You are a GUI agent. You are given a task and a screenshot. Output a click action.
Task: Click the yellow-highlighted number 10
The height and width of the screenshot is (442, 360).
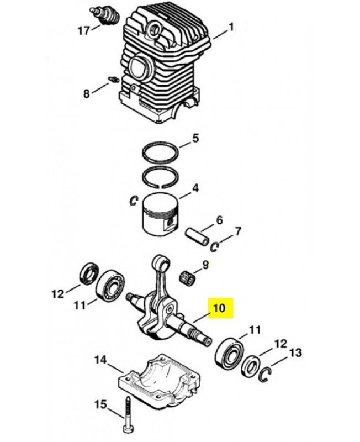220,308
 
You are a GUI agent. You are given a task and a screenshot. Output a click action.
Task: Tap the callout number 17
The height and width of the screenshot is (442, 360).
84,30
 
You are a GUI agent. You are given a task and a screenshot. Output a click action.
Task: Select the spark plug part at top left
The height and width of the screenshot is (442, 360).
103,15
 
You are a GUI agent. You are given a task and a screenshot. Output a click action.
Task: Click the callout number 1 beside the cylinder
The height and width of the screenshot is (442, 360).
231,28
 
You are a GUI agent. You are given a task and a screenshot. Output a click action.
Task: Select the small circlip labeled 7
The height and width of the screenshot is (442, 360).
215,247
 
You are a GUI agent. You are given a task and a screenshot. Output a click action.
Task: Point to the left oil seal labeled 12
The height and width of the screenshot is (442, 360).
89,273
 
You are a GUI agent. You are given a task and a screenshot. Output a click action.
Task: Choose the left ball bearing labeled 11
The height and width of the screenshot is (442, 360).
110,285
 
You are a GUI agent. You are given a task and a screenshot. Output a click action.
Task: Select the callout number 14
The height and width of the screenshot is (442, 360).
100,360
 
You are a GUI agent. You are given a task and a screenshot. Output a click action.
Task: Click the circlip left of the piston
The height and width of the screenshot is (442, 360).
133,201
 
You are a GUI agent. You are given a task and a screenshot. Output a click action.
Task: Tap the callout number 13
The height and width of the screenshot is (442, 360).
295,352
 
